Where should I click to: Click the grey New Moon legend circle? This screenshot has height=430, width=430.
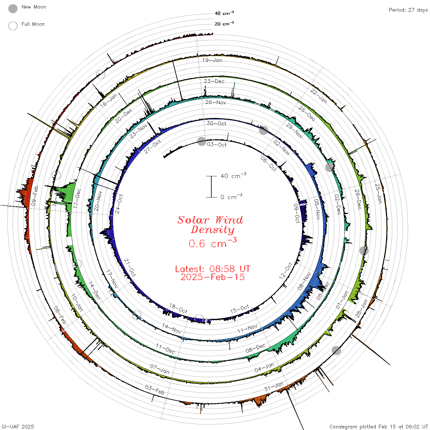tap(13, 9)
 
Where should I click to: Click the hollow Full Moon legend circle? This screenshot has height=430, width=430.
tap(13, 26)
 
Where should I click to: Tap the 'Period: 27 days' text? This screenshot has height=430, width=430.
tap(408, 10)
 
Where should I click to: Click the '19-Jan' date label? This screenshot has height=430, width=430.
tap(212, 60)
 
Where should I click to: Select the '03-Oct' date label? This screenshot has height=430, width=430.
tap(217, 145)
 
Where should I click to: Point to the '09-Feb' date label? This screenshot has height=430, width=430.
tap(35, 196)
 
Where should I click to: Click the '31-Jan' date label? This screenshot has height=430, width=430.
tap(274, 386)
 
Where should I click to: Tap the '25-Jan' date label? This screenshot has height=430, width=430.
tap(378, 193)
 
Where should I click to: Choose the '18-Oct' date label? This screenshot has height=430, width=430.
tap(178, 309)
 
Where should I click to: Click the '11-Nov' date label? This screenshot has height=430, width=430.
tap(248, 328)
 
